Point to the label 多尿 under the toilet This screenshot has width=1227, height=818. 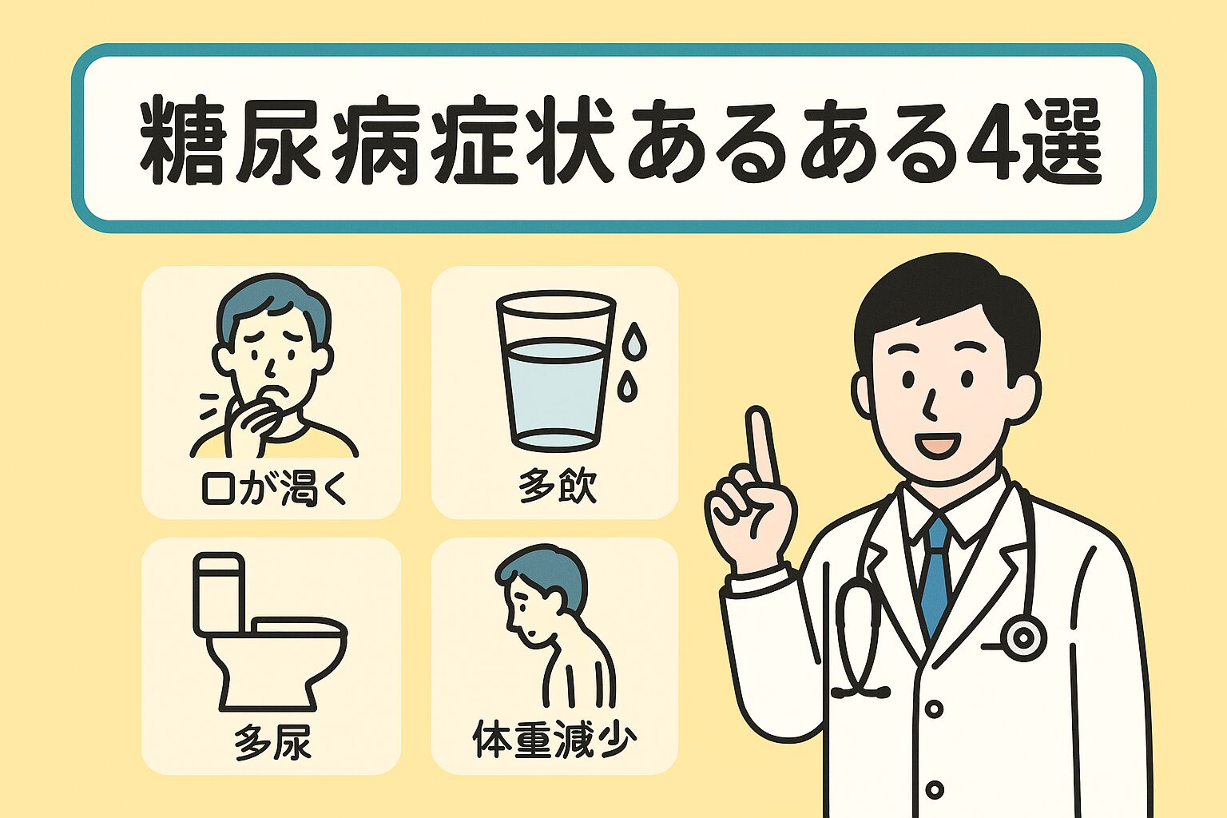pos(272,741)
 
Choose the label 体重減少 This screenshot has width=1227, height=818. pos(554,740)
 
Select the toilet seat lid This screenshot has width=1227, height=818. pos(299,628)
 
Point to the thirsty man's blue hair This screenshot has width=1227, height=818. pos(274,307)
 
